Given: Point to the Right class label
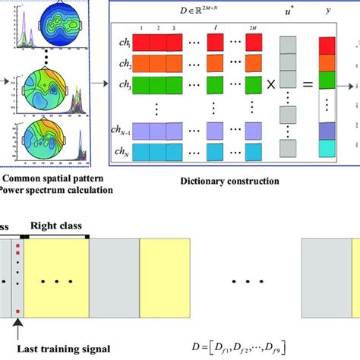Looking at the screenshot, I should pyautogui.click(x=58, y=226).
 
